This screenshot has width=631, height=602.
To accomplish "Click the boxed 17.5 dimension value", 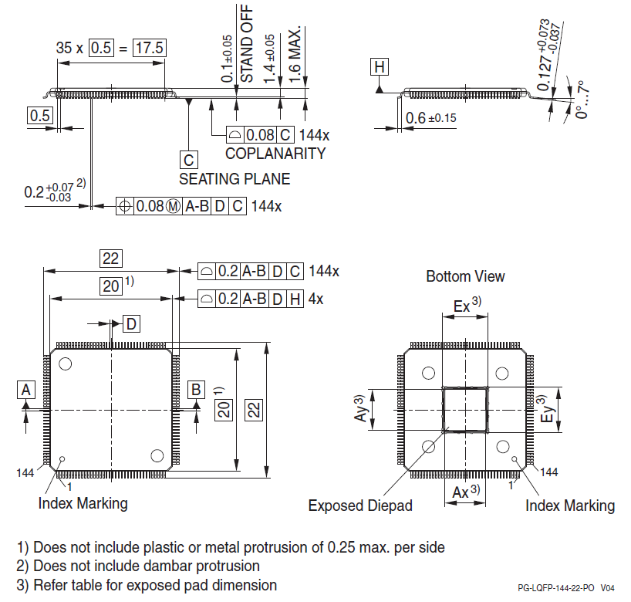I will pyautogui.click(x=150, y=47).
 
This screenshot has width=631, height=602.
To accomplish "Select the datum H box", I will pyautogui.click(x=379, y=67).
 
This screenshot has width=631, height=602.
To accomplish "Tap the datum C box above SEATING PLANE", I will pyautogui.click(x=188, y=160).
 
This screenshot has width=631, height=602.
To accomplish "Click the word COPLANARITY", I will pyautogui.click(x=275, y=153).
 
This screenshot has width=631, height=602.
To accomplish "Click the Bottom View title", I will pyautogui.click(x=465, y=276).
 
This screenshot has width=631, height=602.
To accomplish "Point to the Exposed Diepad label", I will pyautogui.click(x=360, y=506).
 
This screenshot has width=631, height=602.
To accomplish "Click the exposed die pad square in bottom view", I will pyautogui.click(x=465, y=409).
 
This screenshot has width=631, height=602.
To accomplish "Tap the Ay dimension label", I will pyautogui.click(x=359, y=408).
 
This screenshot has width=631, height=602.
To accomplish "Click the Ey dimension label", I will pyautogui.click(x=545, y=408).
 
